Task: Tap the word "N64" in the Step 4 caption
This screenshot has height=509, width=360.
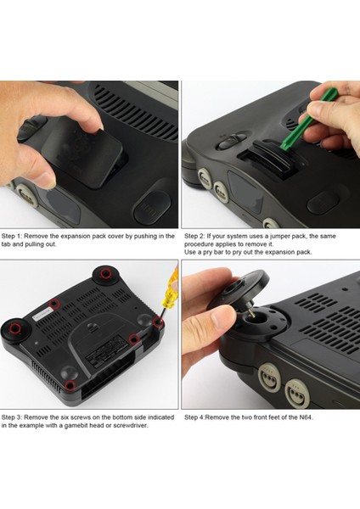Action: click(302, 417)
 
